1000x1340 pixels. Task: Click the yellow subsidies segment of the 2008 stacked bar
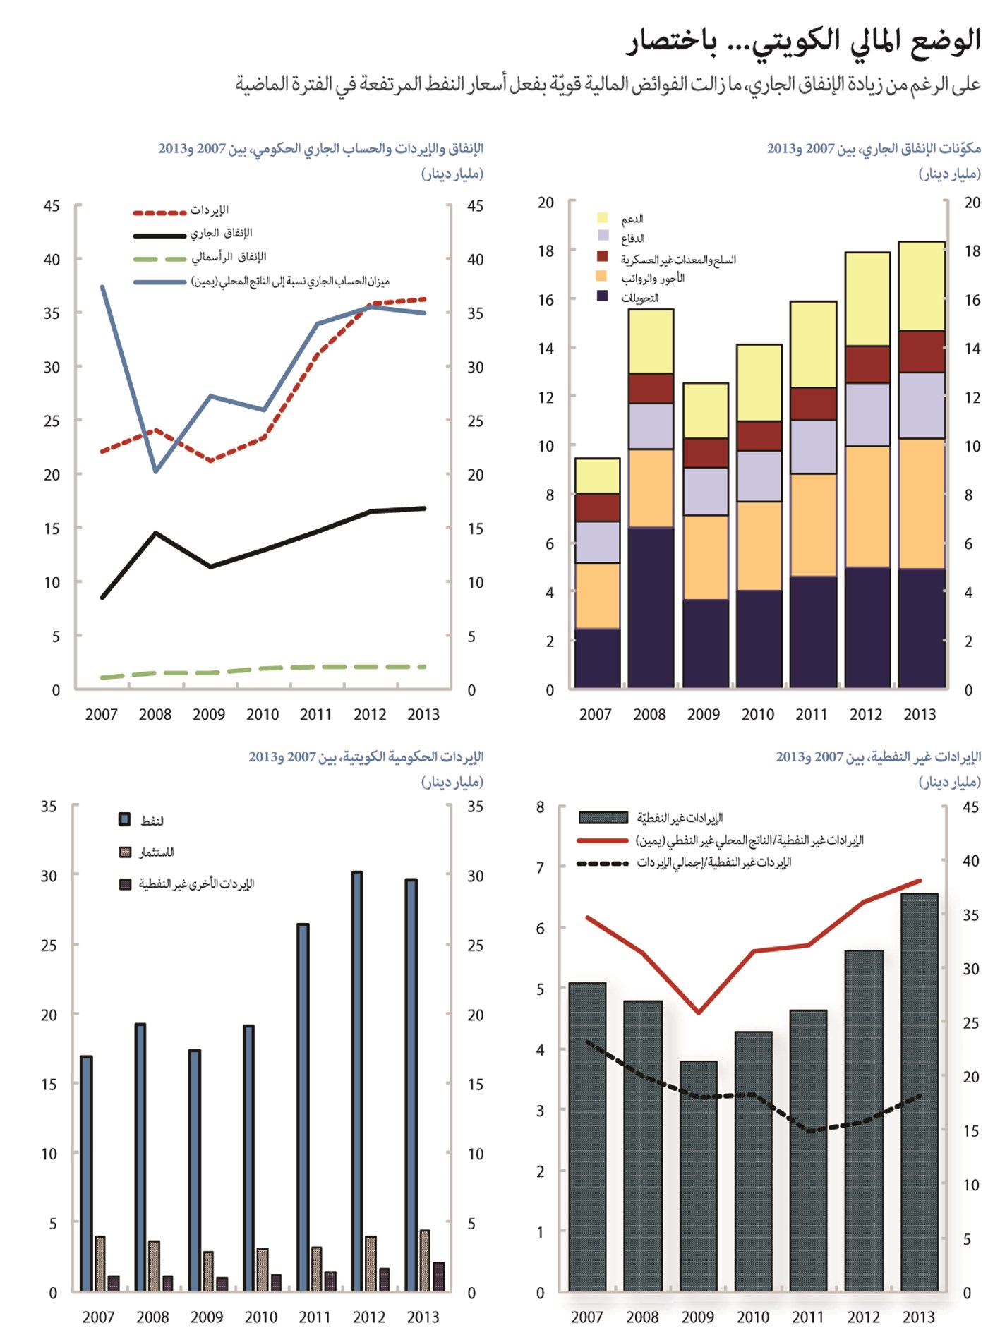point(651,342)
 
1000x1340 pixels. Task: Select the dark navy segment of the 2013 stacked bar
point(922,628)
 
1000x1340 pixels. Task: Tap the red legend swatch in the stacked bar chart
point(602,256)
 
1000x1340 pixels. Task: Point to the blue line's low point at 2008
point(156,471)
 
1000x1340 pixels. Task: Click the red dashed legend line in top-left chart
point(159,212)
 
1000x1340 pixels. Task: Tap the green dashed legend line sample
point(159,259)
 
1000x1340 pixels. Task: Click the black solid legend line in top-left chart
point(159,236)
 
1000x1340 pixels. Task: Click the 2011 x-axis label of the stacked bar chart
point(812,714)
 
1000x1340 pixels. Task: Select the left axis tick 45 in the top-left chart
point(52,206)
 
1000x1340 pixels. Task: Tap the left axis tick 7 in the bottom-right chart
point(541,867)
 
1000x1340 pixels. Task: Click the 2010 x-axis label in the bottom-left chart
point(261,1317)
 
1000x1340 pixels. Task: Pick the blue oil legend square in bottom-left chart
point(125,819)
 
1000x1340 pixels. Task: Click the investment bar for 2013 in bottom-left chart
point(425,1261)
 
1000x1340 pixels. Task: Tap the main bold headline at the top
point(803,42)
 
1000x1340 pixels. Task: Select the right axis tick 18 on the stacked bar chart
point(972,251)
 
